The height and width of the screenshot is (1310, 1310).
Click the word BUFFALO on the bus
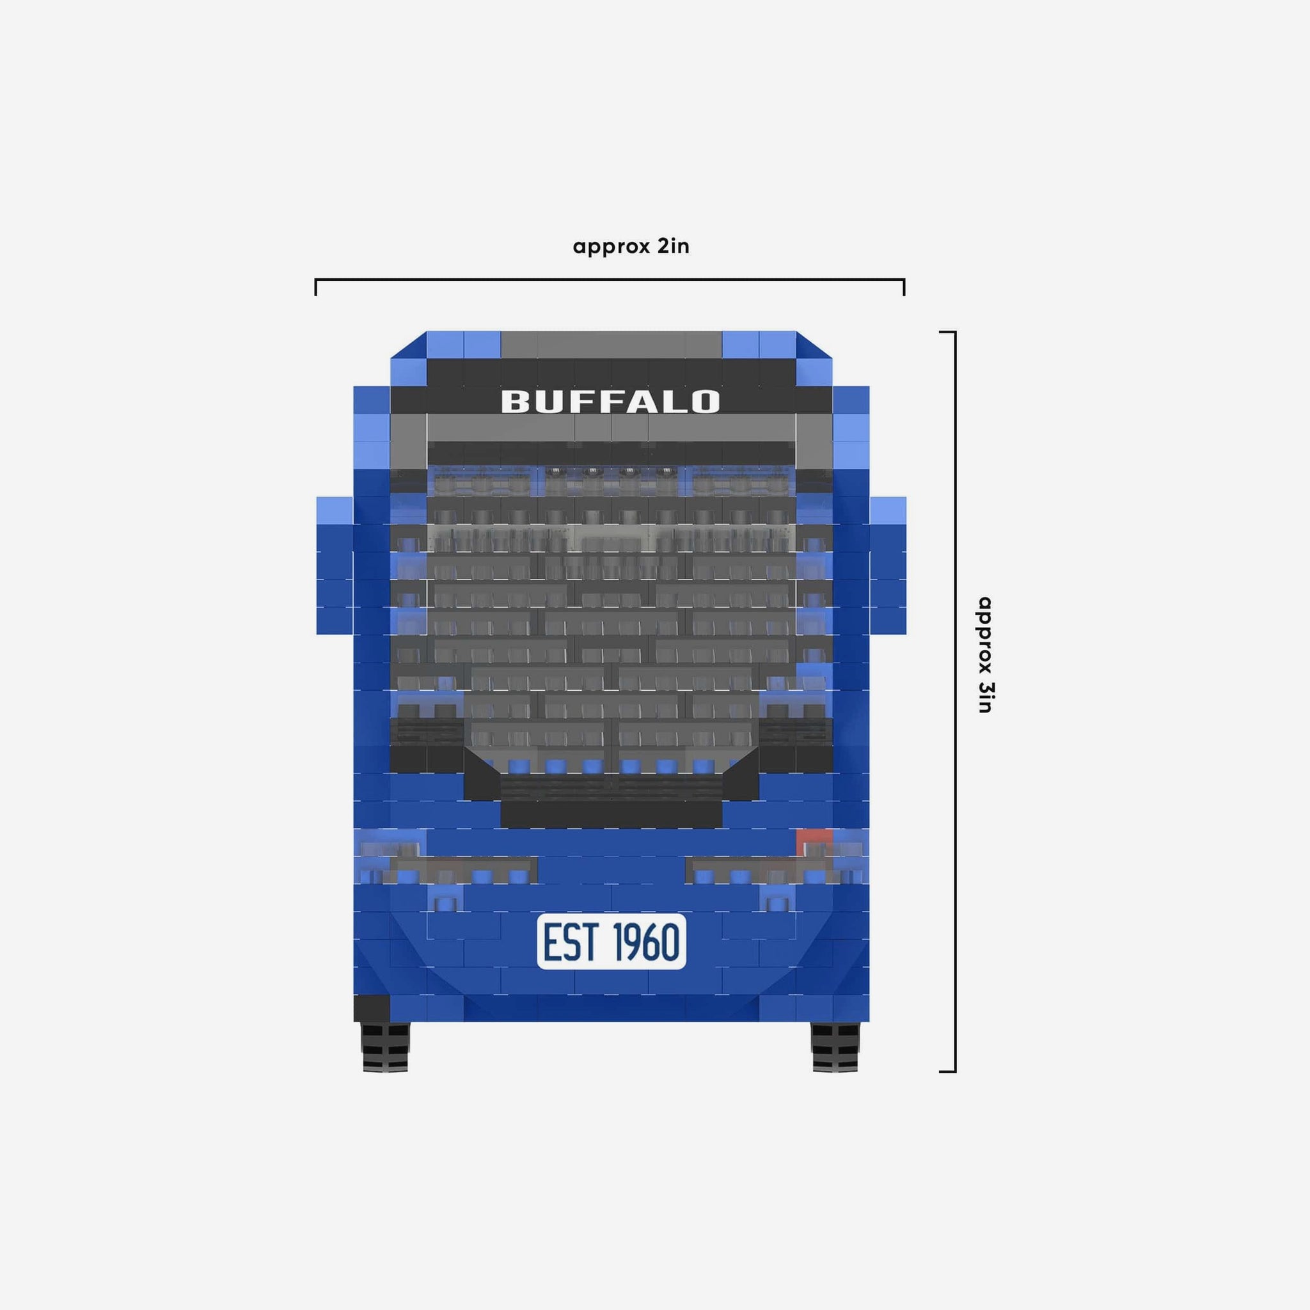pyautogui.click(x=610, y=402)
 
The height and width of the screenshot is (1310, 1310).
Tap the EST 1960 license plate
pyautogui.click(x=611, y=941)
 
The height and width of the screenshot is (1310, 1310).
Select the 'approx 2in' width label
pyautogui.click(x=631, y=246)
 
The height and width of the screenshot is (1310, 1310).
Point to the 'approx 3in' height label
pyautogui.click(x=984, y=654)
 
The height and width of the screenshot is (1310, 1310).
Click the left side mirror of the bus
pyautogui.click(x=335, y=565)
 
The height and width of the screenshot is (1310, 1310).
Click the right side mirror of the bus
pyautogui.click(x=888, y=565)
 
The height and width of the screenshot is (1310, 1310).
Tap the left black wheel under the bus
pyautogui.click(x=386, y=1046)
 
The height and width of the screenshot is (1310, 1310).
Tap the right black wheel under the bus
pyautogui.click(x=835, y=1046)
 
